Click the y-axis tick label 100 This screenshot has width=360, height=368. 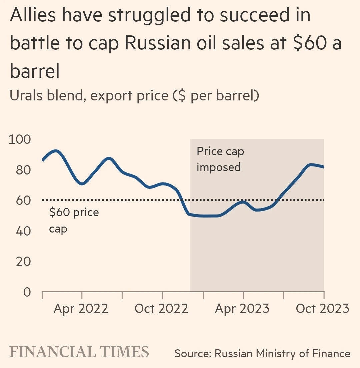(x=20, y=139)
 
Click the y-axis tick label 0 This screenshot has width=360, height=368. (x=27, y=292)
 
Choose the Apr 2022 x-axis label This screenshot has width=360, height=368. (x=81, y=309)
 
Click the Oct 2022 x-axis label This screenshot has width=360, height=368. (x=161, y=309)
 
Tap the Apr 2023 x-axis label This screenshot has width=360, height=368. (x=242, y=309)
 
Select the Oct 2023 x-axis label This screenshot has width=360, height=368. (x=322, y=309)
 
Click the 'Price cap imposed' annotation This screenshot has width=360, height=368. (x=220, y=159)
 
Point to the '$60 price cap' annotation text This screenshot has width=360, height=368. (x=74, y=221)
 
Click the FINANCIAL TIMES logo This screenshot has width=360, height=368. (x=79, y=352)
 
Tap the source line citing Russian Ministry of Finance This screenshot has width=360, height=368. (x=262, y=353)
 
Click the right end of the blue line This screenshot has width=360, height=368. (x=323, y=167)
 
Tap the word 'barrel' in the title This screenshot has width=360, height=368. (x=35, y=72)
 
